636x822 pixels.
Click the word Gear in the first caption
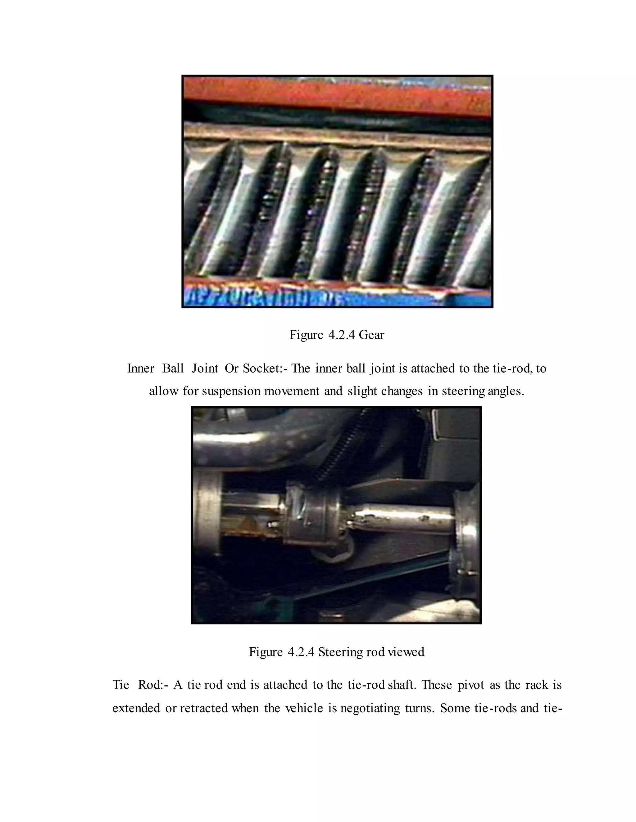[x=371, y=335]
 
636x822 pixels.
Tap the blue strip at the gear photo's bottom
[x=337, y=299]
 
